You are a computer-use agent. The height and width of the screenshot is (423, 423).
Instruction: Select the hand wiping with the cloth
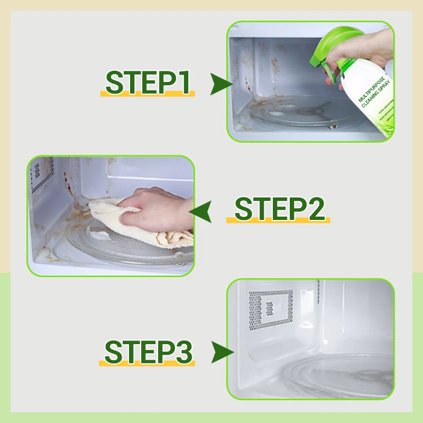click(159, 209)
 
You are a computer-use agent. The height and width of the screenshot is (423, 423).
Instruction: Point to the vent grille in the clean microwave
click(271, 307)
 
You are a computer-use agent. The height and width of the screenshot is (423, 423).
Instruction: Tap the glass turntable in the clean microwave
click(338, 375)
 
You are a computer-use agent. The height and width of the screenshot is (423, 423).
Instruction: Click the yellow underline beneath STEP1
click(148, 94)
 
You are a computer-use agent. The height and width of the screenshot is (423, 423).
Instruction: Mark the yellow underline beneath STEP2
click(279, 220)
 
